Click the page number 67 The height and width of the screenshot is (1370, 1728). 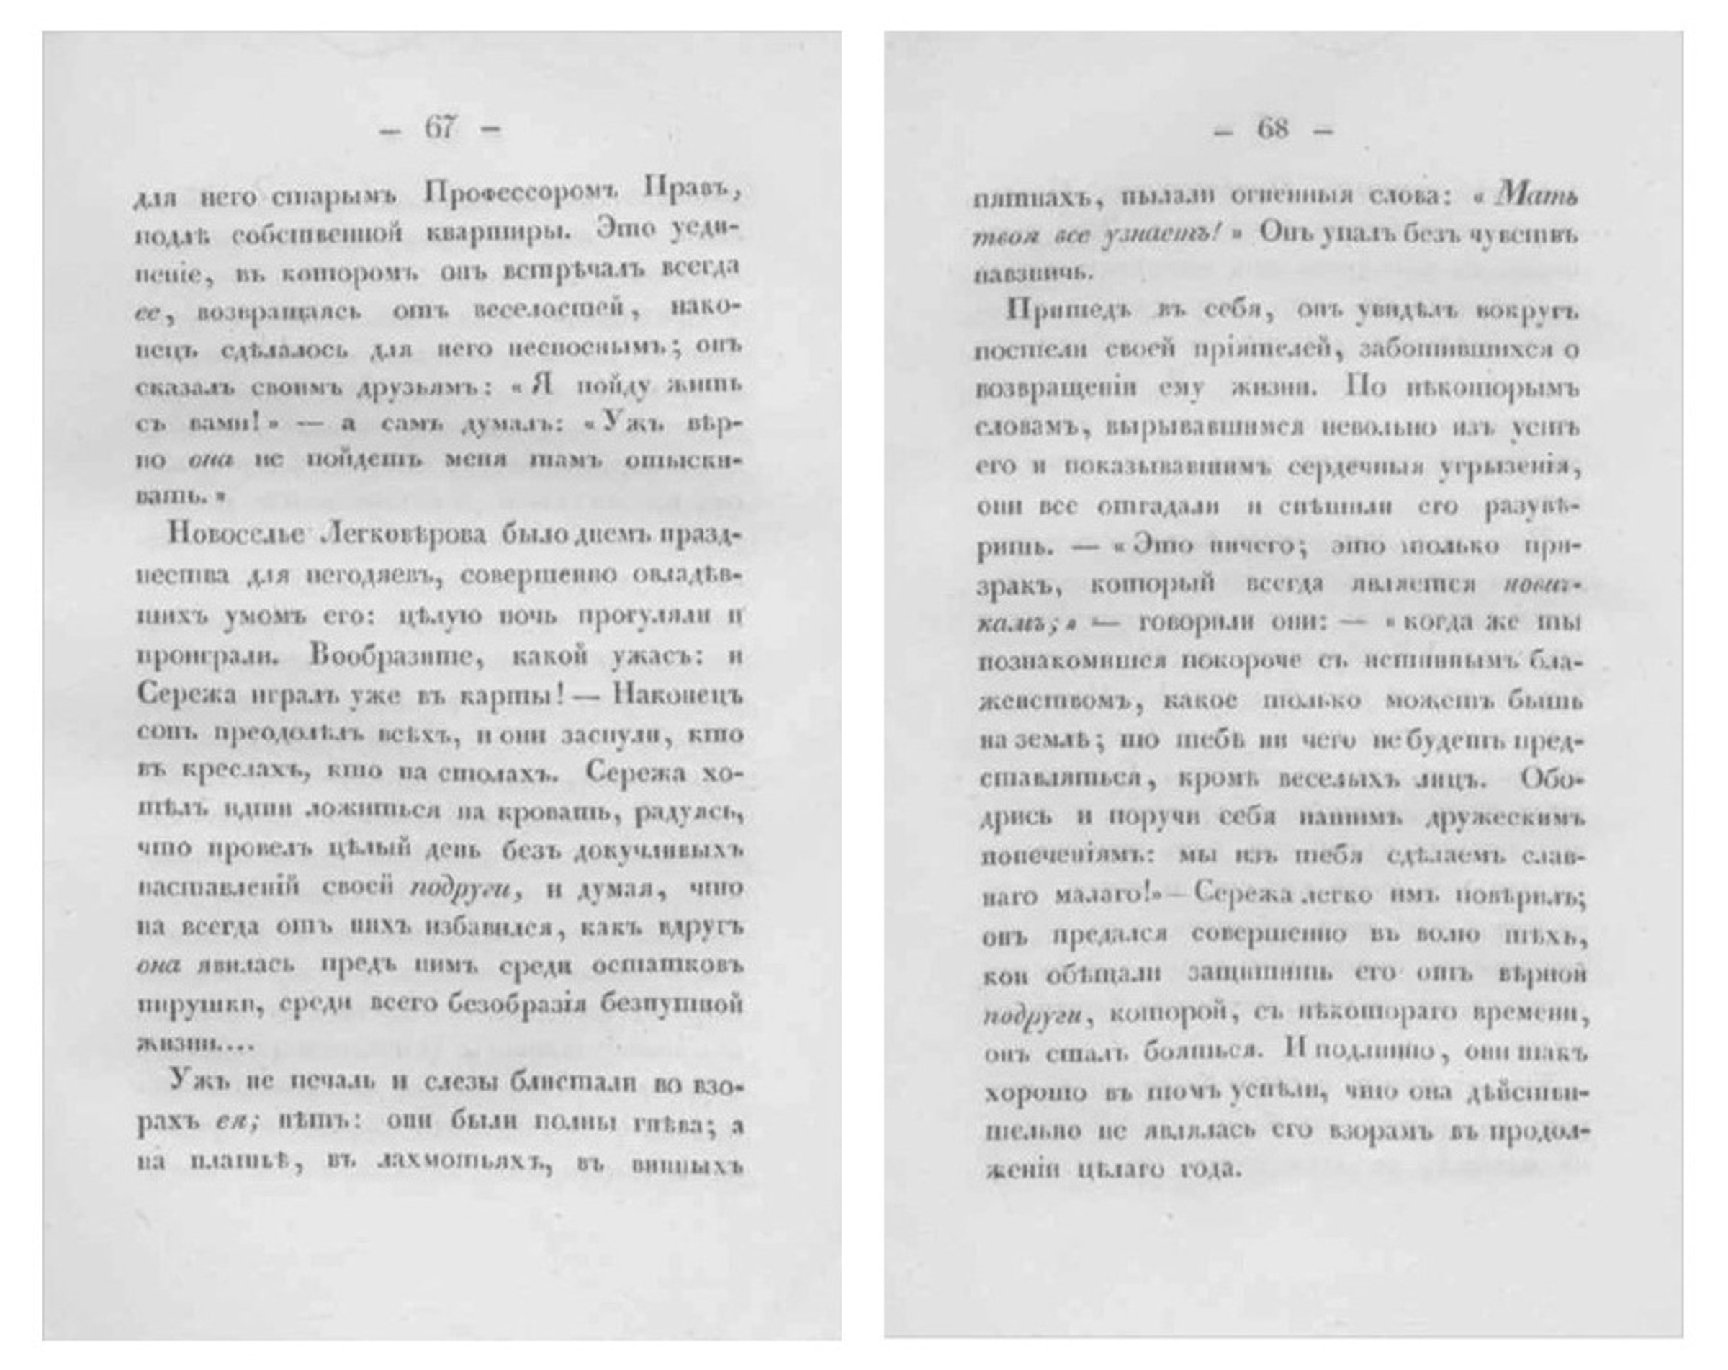(440, 127)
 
